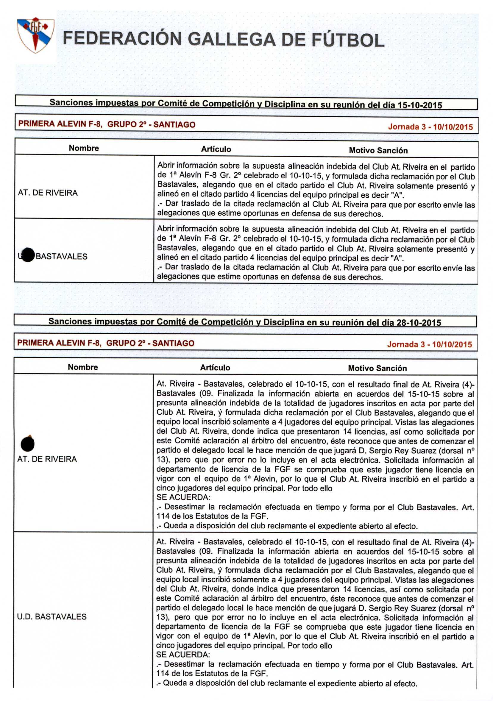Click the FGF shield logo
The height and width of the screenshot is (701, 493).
pos(35,35)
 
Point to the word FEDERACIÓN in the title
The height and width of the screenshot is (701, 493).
pos(122,38)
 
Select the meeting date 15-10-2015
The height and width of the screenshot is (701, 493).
pos(419,105)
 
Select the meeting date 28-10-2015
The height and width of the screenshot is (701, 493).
pos(419,323)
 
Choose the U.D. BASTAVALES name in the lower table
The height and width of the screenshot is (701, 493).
pos(52,616)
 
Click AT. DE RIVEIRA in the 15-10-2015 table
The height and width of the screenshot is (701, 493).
pos(48,193)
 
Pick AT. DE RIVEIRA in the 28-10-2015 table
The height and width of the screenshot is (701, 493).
pos(47,459)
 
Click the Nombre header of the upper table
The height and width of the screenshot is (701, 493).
pos(84,148)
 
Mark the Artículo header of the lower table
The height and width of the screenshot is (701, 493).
pos(215,368)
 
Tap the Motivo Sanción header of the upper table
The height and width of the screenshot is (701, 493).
pos(378,150)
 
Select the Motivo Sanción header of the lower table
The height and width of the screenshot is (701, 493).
pos(377,368)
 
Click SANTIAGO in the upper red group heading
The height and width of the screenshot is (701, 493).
pos(174,124)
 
